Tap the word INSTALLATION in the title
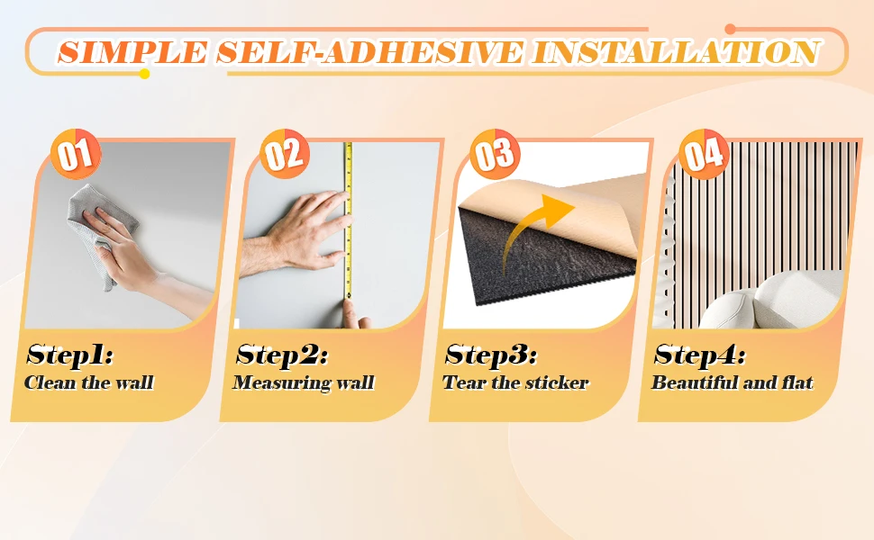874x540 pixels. [675, 51]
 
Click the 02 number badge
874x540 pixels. [285, 155]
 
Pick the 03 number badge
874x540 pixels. [494, 155]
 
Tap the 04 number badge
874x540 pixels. [704, 155]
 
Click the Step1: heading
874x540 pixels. [70, 355]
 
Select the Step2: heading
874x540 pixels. [282, 355]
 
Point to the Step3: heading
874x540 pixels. [491, 355]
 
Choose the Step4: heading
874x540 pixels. [700, 355]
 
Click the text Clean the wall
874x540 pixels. [89, 382]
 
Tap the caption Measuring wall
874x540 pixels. [303, 382]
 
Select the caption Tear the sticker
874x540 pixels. [515, 382]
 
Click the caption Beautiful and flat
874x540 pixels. [732, 382]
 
